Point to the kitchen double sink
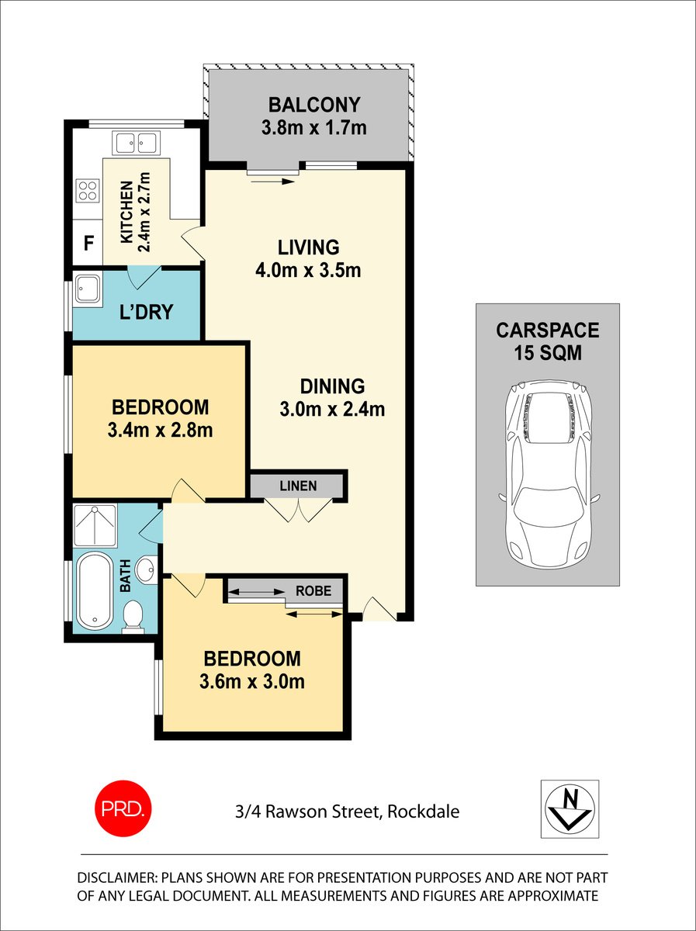[135, 143]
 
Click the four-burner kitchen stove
[87, 190]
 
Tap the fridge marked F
[88, 242]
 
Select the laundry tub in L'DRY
[87, 289]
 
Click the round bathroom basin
[145, 570]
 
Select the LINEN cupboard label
[298, 486]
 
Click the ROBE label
[313, 590]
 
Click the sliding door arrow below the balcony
[272, 181]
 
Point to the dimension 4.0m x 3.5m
[309, 271]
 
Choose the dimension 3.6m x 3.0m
[251, 682]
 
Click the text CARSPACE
[547, 331]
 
